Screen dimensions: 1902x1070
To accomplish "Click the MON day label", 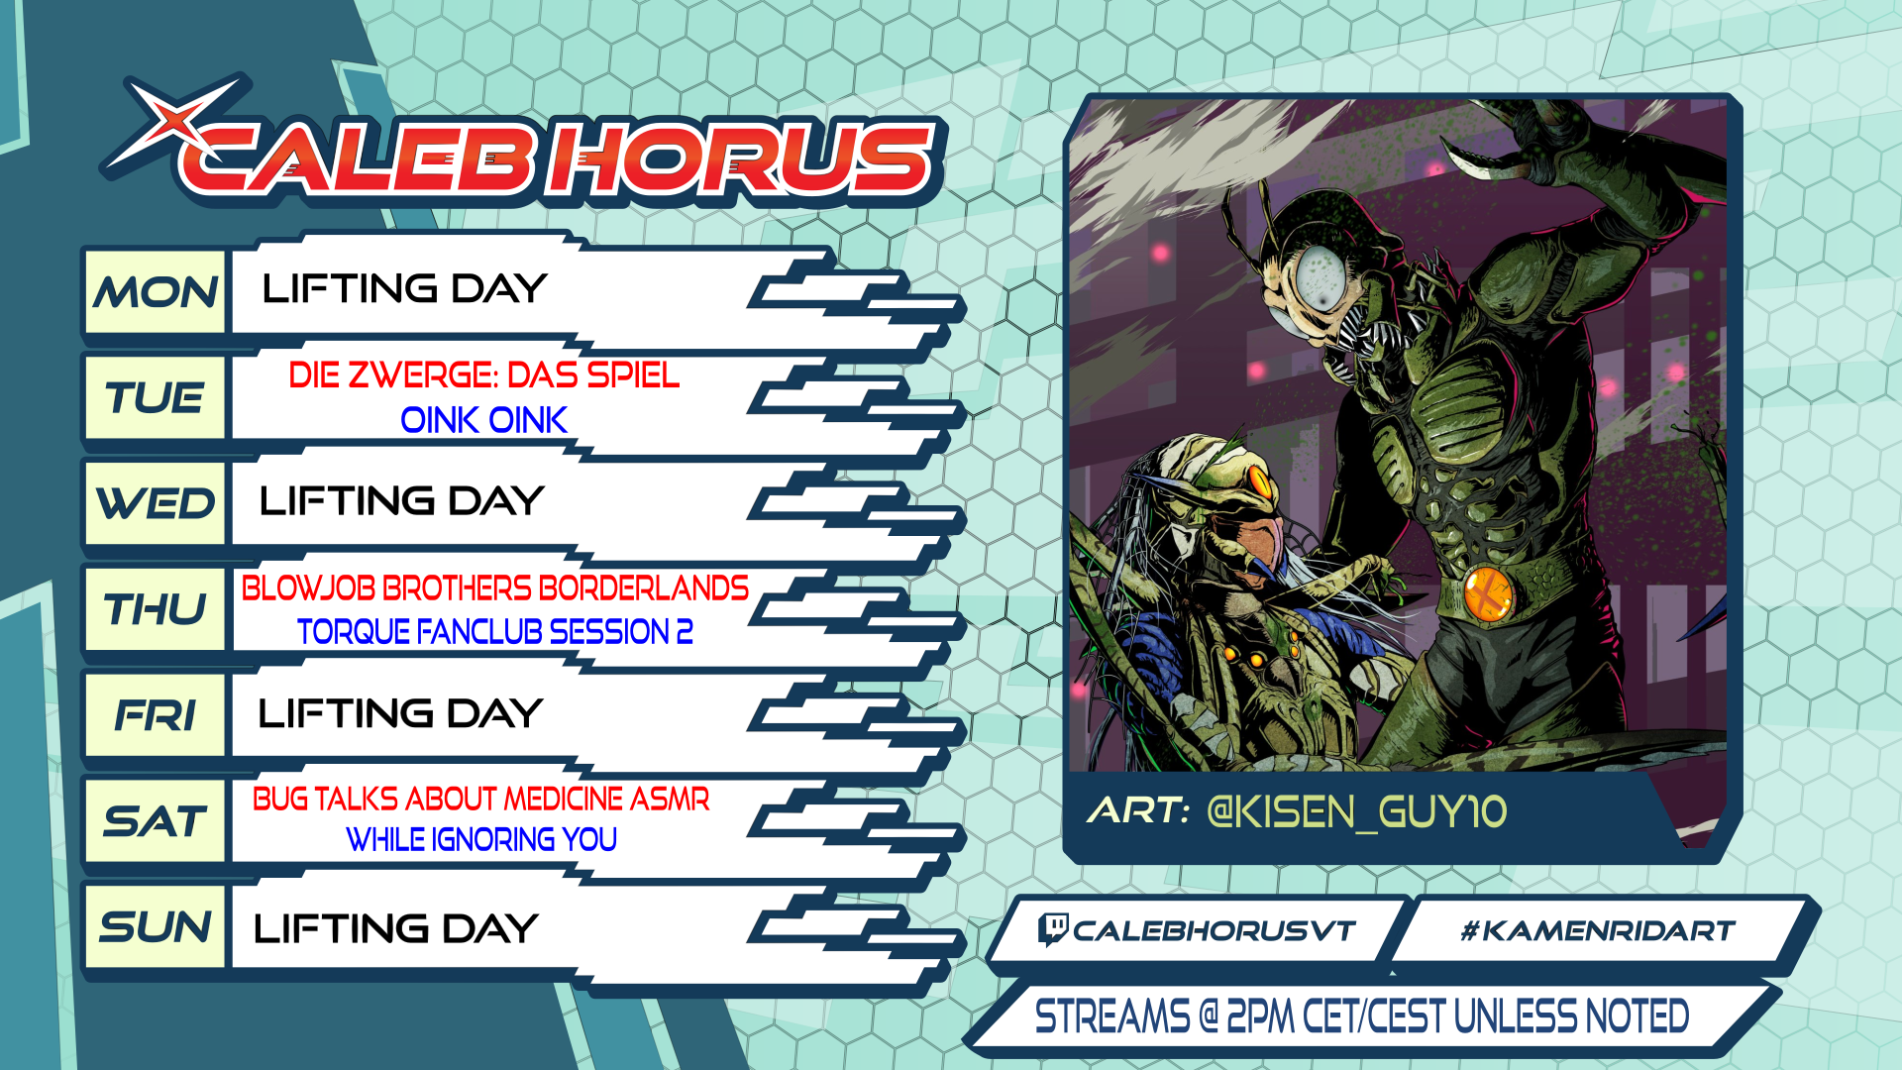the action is [156, 291].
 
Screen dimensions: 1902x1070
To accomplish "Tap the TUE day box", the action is [156, 397].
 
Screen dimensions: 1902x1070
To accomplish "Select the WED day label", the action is [156, 502].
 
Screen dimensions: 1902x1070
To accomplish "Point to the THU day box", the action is [156, 608].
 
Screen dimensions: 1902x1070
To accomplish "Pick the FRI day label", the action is [156, 714].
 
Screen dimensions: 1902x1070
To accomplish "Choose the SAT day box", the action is [156, 820].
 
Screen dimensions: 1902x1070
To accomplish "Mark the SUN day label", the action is [156, 926].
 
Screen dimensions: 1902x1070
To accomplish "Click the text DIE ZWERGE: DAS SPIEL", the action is [484, 375].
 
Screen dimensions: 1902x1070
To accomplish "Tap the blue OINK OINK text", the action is [483, 420].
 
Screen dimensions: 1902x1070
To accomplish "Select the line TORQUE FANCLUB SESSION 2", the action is [495, 631].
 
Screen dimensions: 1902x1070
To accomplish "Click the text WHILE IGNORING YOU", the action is [481, 839].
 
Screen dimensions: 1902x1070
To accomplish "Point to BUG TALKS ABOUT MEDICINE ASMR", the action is [481, 799].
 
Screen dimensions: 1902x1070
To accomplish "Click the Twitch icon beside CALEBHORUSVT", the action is [1052, 930].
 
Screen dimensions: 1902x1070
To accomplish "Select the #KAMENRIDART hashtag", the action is [1597, 931].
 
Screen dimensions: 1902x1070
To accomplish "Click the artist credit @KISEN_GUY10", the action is [1356, 812].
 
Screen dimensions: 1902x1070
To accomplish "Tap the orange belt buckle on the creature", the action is [1489, 592].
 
